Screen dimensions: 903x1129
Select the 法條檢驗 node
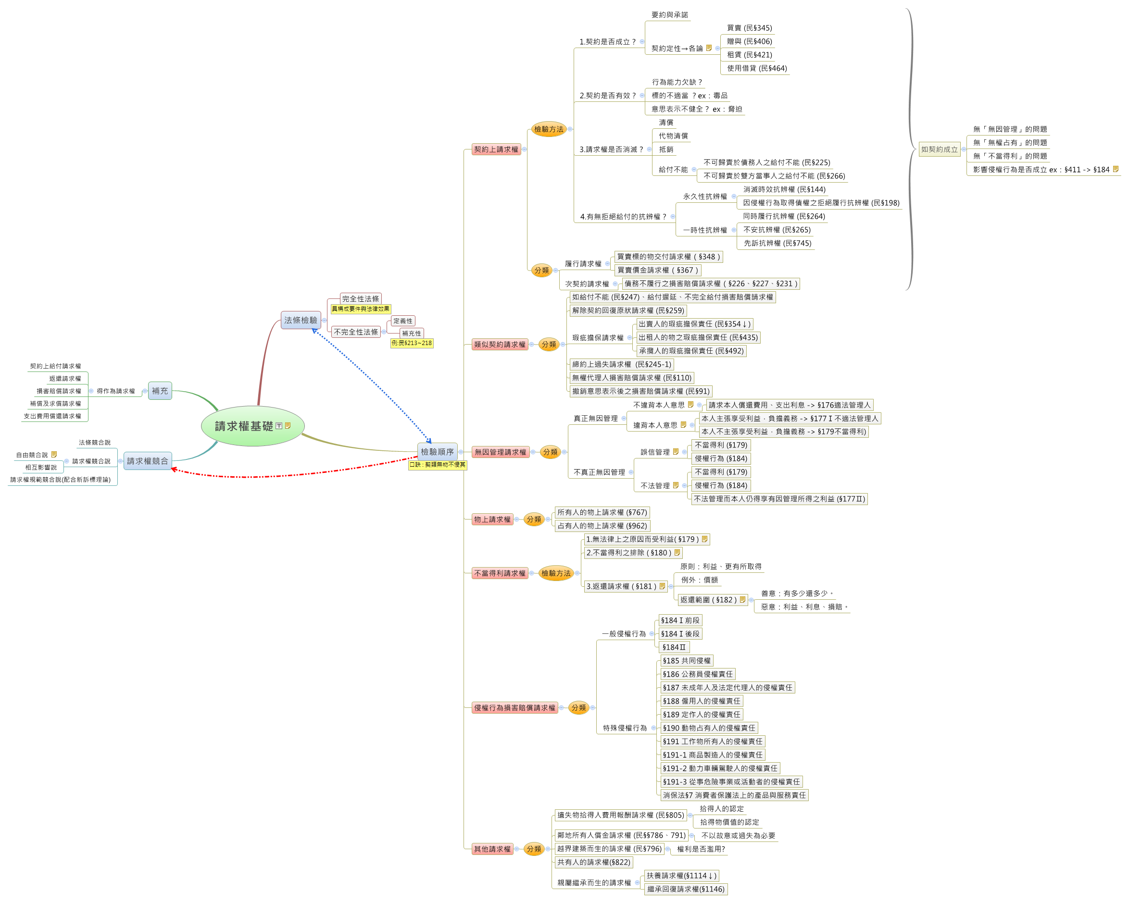click(301, 320)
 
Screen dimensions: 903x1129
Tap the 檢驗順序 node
click(437, 451)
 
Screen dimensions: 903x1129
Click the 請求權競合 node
click(147, 461)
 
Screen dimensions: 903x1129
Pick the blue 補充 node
click(160, 391)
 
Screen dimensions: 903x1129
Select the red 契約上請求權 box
click(496, 149)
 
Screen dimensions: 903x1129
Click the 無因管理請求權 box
click(500, 452)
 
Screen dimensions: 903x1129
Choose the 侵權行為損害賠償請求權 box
click(514, 707)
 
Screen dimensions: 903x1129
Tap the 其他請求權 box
click(492, 849)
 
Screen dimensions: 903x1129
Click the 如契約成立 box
click(939, 149)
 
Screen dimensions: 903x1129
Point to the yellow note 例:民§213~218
click(412, 343)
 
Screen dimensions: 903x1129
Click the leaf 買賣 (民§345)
click(749, 28)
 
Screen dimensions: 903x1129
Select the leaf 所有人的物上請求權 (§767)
click(602, 512)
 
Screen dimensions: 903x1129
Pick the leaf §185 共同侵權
click(686, 661)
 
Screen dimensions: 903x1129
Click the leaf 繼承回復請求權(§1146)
click(686, 889)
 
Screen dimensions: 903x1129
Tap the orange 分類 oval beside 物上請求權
click(534, 520)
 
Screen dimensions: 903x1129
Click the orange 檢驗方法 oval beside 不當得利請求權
click(555, 573)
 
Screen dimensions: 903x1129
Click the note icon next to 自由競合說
click(54, 454)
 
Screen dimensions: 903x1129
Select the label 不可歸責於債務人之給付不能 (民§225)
click(766, 162)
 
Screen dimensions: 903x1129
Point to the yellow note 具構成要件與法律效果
click(360, 309)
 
